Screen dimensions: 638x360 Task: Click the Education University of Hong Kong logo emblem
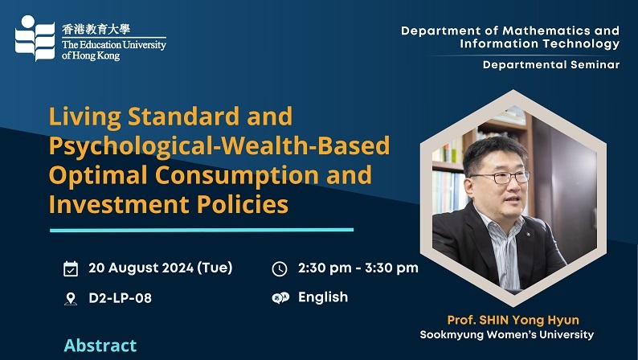click(35, 39)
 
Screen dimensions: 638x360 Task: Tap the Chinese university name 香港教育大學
click(96, 29)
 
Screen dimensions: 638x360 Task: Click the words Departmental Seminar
click(551, 64)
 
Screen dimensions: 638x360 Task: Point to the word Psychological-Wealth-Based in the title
click(219, 146)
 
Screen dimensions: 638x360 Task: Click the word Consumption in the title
click(237, 175)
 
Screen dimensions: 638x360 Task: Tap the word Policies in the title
click(243, 204)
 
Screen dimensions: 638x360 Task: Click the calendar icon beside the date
click(71, 269)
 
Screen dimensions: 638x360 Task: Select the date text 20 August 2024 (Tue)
click(161, 268)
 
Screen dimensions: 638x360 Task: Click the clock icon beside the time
click(280, 269)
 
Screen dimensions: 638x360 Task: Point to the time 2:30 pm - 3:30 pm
click(358, 268)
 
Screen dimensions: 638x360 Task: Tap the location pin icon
click(71, 299)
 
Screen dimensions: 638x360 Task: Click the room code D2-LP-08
click(120, 298)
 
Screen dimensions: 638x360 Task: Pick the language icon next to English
click(280, 298)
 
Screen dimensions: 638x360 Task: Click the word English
click(323, 297)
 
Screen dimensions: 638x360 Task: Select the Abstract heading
click(100, 346)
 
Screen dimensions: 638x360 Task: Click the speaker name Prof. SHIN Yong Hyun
click(513, 320)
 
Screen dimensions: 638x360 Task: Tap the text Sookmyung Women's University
click(506, 335)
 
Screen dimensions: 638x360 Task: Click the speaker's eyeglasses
click(500, 177)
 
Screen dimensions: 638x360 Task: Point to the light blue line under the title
click(202, 231)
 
